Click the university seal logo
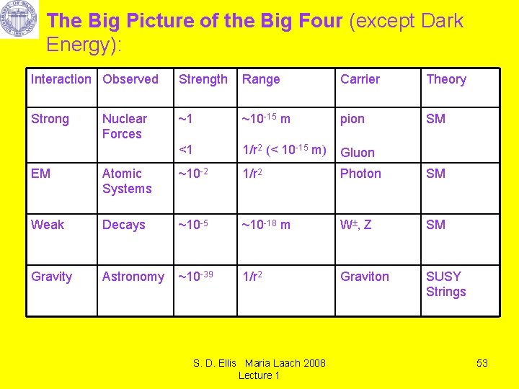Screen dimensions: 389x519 pos(19,19)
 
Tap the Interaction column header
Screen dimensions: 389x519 pos(61,79)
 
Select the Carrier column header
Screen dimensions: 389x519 pos(360,79)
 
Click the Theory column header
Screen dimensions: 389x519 pos(446,79)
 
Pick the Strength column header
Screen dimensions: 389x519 pos(203,79)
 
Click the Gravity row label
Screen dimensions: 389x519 pos(51,277)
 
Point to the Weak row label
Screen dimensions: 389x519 pos(48,225)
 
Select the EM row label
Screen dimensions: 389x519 pos(40,174)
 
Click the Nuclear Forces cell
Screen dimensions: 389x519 pos(124,126)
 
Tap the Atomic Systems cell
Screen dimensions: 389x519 pos(127,181)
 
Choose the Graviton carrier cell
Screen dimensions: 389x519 pos(364,277)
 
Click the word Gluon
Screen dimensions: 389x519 pos(358,153)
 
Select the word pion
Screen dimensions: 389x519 pos(352,119)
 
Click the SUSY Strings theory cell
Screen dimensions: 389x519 pos(446,284)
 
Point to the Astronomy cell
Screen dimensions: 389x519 pos(133,277)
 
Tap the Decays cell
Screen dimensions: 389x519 pos(123,225)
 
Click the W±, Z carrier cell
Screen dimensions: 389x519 pos(356,225)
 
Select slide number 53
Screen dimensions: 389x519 pos(482,363)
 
